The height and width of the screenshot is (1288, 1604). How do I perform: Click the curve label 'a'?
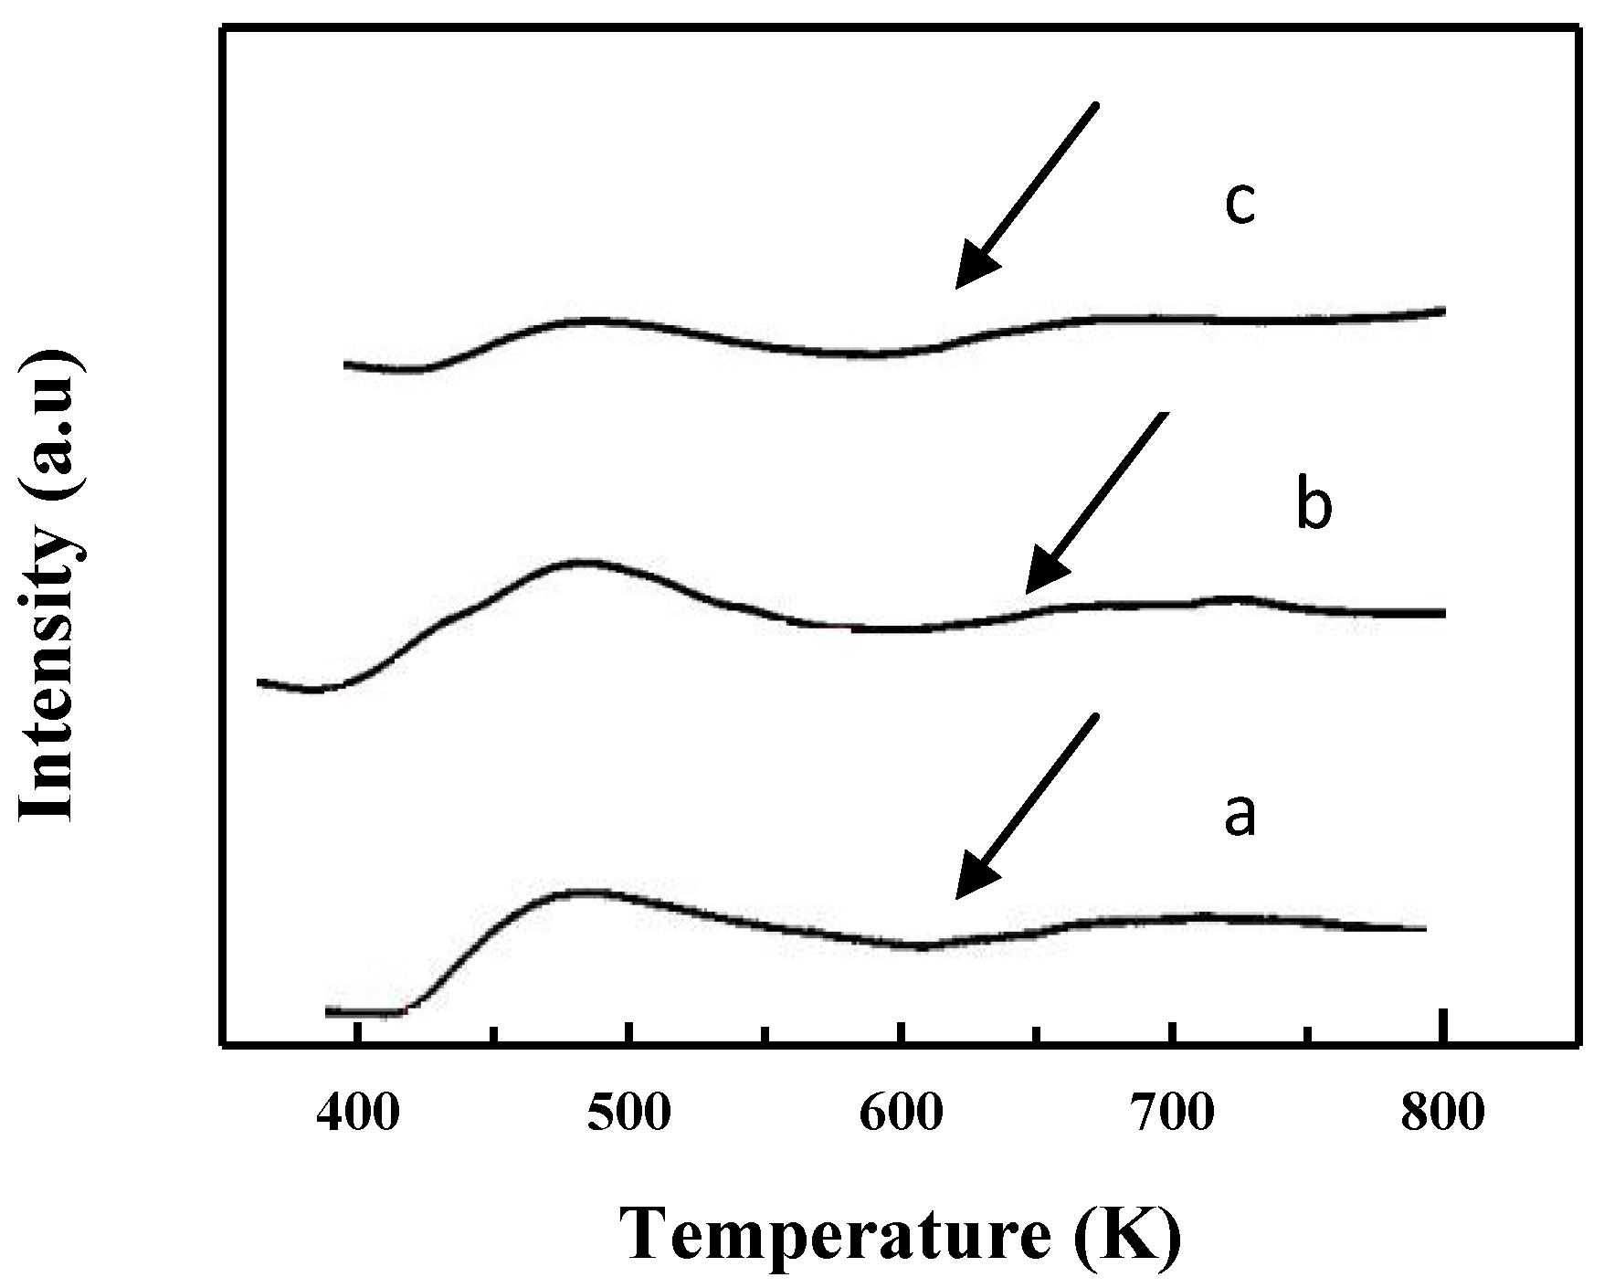pyautogui.click(x=1240, y=816)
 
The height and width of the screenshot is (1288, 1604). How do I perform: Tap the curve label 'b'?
pyautogui.click(x=1314, y=508)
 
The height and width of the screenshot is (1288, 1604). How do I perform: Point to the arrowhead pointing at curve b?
pyautogui.click(x=1043, y=575)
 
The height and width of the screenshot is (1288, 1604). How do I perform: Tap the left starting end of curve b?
pyautogui.click(x=260, y=681)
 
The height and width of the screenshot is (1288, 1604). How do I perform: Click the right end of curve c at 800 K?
pyautogui.click(x=1443, y=311)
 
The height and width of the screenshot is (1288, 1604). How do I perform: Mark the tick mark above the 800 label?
pyautogui.click(x=1442, y=1026)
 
